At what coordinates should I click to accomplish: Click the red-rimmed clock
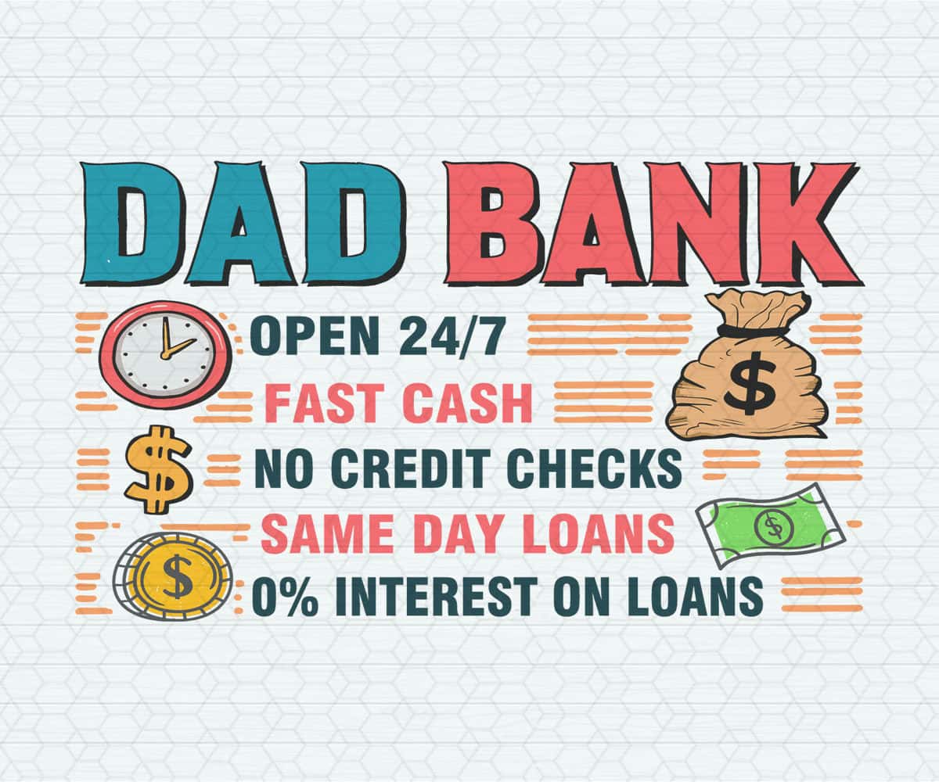tap(166, 353)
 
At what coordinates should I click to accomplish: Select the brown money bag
tap(747, 371)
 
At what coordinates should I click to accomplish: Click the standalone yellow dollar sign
tap(158, 468)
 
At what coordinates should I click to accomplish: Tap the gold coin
tap(174, 577)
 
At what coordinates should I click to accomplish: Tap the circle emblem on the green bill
tap(774, 527)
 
